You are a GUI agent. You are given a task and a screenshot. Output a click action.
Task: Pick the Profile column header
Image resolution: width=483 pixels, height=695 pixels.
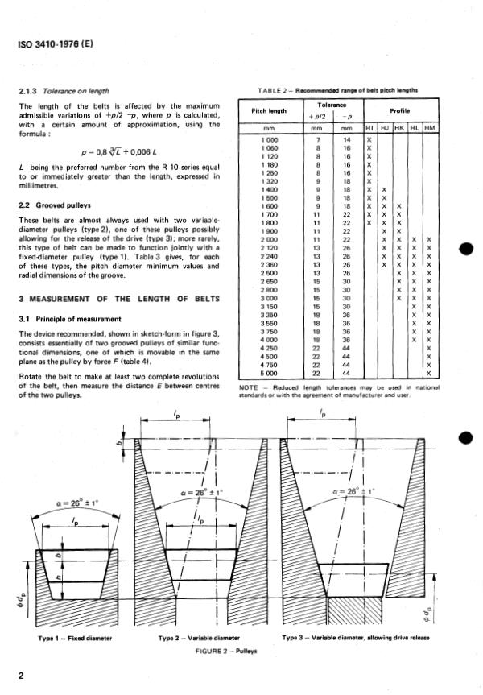coord(400,110)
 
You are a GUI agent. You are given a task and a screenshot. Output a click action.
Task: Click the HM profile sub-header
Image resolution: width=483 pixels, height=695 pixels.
coord(428,127)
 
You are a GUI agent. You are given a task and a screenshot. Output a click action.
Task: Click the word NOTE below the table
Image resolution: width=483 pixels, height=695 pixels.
coord(250,387)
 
